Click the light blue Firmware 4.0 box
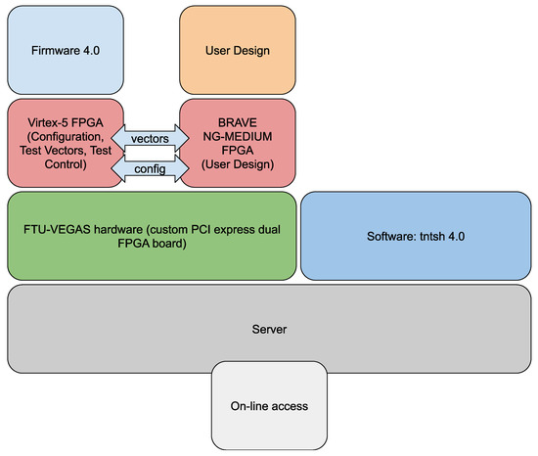click(66, 50)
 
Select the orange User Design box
click(238, 50)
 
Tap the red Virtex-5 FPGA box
click(66, 143)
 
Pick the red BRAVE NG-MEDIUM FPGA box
click(238, 143)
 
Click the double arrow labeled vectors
click(150, 138)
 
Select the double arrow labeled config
click(150, 168)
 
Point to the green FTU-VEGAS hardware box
click(152, 236)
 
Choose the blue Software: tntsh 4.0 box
click(416, 236)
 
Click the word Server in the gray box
click(269, 329)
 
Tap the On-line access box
click(269, 405)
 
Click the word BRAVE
click(238, 122)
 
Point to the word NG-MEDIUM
click(238, 136)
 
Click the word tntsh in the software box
click(427, 236)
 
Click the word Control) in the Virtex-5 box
click(66, 164)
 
